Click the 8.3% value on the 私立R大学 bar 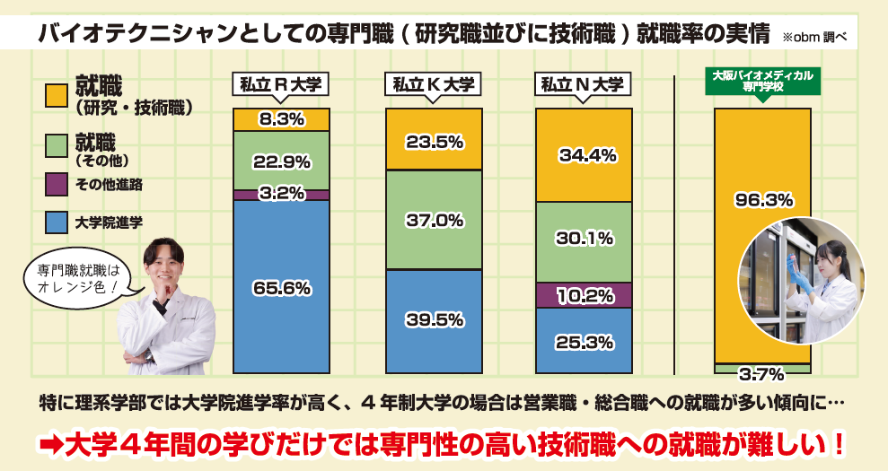281,119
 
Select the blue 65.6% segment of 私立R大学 281,287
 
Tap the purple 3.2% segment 281,194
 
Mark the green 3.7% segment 762,369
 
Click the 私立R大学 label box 281,85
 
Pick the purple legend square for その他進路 56,184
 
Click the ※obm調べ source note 813,38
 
